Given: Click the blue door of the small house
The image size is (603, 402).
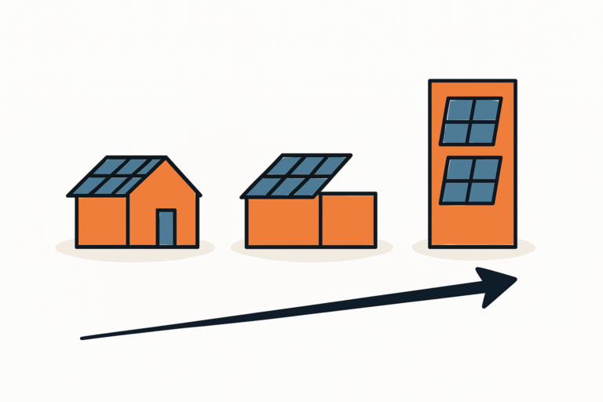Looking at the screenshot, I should [166, 228].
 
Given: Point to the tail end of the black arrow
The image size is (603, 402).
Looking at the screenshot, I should [83, 338].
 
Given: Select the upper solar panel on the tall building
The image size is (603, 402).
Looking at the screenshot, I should [471, 121].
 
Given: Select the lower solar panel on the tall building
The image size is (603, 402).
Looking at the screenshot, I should [470, 181].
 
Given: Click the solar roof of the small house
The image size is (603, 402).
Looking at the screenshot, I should [117, 175].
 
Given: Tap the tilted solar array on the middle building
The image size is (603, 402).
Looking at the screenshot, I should [296, 175].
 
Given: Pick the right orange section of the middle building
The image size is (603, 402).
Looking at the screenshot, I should [347, 220].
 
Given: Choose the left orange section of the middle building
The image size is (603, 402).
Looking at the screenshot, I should [283, 222].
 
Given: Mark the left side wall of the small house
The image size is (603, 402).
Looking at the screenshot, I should [101, 221].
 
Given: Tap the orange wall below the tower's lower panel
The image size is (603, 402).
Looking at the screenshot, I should [471, 224].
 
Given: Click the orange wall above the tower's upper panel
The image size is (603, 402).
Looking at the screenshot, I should [472, 88].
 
